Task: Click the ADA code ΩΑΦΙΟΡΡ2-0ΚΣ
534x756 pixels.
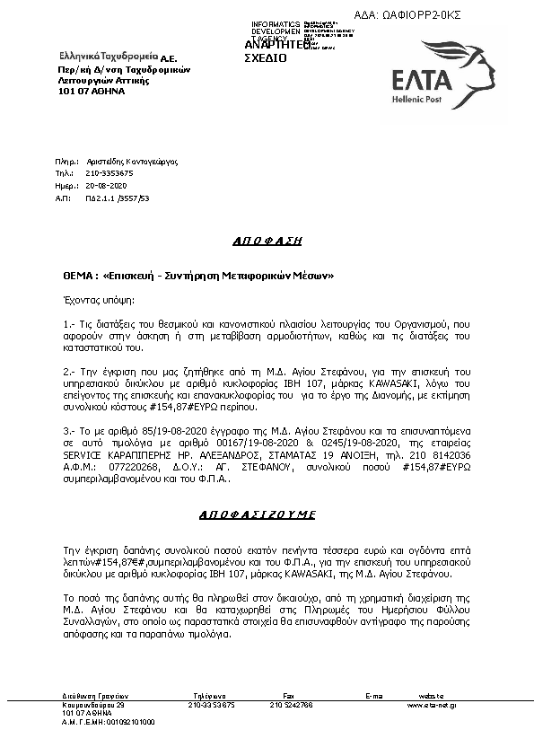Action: point(448,14)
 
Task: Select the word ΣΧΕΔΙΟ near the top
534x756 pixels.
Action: point(266,57)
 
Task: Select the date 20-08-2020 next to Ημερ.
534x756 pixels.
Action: point(105,183)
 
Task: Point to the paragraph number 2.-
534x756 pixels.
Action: point(69,371)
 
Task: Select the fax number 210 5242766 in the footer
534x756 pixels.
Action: point(292,705)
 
